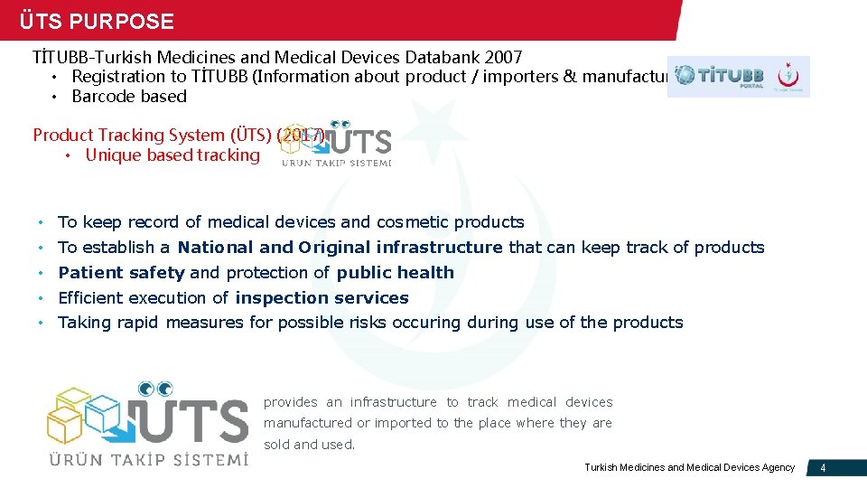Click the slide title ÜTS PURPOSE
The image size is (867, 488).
(x=97, y=21)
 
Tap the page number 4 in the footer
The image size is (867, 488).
(x=822, y=467)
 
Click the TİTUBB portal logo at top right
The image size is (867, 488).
(x=738, y=77)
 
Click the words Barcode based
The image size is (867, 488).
(x=129, y=97)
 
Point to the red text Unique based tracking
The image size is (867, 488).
(x=172, y=155)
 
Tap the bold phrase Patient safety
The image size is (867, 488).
(x=121, y=273)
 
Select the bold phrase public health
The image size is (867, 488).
(x=395, y=273)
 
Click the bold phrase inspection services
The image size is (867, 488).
(x=322, y=298)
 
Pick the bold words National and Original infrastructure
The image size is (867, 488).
(x=340, y=248)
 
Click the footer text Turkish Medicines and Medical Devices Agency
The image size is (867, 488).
(x=689, y=467)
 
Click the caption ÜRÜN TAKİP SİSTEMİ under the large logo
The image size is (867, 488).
(x=148, y=458)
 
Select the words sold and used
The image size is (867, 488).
(x=309, y=445)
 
